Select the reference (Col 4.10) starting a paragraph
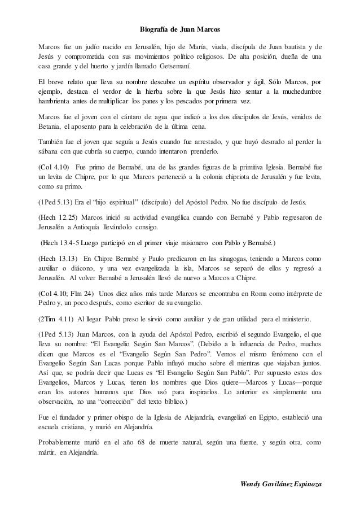54,168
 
